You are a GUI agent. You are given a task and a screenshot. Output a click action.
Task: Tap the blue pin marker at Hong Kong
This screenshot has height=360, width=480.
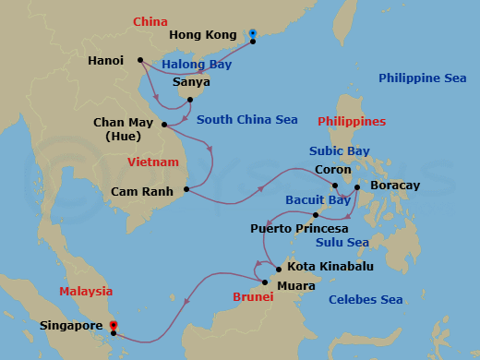[x=252, y=35]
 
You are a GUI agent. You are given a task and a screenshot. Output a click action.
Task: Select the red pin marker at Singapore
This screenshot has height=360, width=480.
[x=113, y=326]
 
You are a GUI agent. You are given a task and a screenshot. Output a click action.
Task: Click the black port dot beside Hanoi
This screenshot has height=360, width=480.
[x=139, y=61]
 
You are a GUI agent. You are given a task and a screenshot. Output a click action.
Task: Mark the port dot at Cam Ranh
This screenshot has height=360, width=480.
[x=186, y=190]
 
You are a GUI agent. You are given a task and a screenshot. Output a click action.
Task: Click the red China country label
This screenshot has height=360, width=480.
[x=150, y=21]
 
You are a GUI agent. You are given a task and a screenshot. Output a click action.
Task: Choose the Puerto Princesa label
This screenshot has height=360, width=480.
[x=299, y=227]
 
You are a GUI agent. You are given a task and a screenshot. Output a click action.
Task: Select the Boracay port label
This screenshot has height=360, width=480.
[x=394, y=186]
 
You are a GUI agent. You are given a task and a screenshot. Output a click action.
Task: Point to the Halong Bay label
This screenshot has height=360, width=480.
[x=196, y=64]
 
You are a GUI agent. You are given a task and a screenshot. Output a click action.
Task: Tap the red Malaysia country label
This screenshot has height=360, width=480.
[x=86, y=291]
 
